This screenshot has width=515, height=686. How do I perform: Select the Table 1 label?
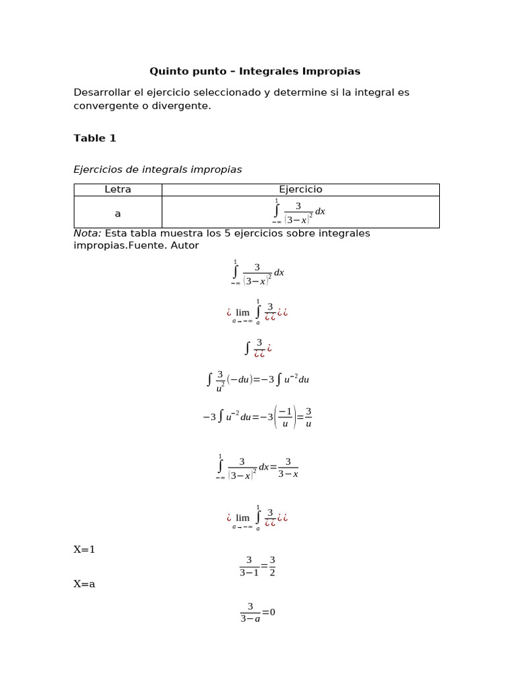pyautogui.click(x=95, y=138)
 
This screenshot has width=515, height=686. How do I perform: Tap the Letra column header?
pyautogui.click(x=118, y=190)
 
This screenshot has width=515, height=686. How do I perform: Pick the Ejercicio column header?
pyautogui.click(x=300, y=190)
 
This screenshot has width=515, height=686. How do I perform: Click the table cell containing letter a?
pyautogui.click(x=118, y=213)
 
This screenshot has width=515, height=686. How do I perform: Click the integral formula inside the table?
pyautogui.click(x=299, y=212)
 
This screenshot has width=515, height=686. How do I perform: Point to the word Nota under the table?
pyautogui.click(x=87, y=233)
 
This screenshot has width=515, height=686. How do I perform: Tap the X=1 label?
pyautogui.click(x=84, y=549)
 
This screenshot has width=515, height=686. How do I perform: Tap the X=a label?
pyautogui.click(x=84, y=584)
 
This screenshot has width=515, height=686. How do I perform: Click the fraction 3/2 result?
pyautogui.click(x=272, y=566)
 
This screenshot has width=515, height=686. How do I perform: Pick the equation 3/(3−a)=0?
pyautogui.click(x=258, y=612)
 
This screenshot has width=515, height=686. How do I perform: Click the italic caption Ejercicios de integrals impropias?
pyautogui.click(x=158, y=169)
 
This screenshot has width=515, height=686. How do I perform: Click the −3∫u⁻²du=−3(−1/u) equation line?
pyautogui.click(x=257, y=417)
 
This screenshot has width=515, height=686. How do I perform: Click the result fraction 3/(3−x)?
pyautogui.click(x=288, y=468)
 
